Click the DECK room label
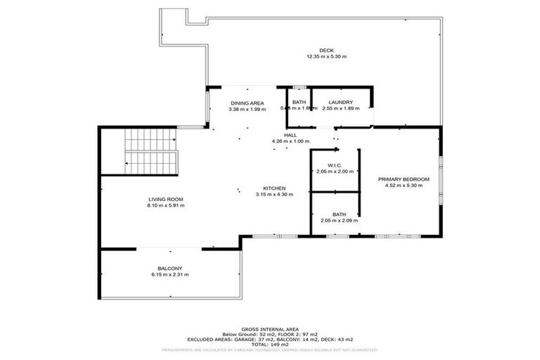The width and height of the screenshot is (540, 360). pyautogui.click(x=326, y=50)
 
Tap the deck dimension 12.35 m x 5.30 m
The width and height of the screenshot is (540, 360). pyautogui.click(x=326, y=56)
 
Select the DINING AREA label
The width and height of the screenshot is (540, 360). pyautogui.click(x=247, y=103)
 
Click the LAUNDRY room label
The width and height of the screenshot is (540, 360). pyautogui.click(x=337, y=103)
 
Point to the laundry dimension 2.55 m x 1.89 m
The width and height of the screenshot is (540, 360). pyautogui.click(x=337, y=109)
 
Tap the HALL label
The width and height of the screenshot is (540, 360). pyautogui.click(x=290, y=135)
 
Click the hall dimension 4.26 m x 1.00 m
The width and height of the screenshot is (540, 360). pyautogui.click(x=290, y=141)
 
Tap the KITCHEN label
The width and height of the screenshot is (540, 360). pyautogui.click(x=274, y=188)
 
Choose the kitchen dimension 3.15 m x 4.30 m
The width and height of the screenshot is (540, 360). pyautogui.click(x=274, y=195)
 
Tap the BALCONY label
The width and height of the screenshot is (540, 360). pyautogui.click(x=170, y=268)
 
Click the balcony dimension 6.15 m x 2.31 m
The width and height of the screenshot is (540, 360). pyautogui.click(x=170, y=274)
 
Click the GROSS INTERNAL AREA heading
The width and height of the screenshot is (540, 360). pyautogui.click(x=269, y=329)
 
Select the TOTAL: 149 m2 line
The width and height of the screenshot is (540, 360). pyautogui.click(x=269, y=344)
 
